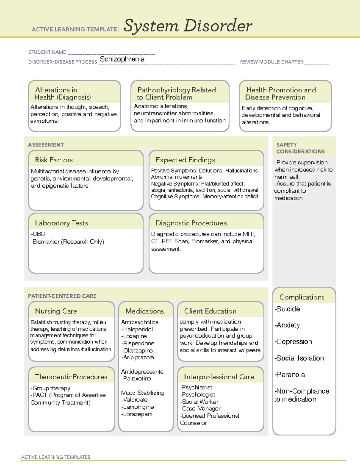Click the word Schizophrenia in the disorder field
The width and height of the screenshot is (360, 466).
tap(122, 59)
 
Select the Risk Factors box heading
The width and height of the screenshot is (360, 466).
tap(54, 160)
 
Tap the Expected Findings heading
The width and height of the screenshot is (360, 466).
tap(185, 160)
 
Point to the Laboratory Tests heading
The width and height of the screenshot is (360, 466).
tap(61, 223)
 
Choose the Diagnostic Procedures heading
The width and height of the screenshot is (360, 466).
tap(191, 223)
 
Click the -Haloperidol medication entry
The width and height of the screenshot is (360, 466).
tap(137, 329)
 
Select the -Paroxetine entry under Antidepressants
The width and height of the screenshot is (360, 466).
tap(136, 379)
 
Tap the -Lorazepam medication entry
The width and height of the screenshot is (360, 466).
tap(136, 414)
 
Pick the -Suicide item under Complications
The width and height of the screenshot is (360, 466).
tap(287, 309)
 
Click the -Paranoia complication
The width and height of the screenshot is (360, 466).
tap(289, 375)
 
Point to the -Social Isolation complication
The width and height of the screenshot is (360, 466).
tap(299, 358)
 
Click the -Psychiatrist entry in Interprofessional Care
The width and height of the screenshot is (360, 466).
tap(196, 387)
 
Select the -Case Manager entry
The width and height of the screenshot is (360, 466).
tap(200, 409)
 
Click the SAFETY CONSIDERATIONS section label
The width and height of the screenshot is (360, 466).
tap(300, 148)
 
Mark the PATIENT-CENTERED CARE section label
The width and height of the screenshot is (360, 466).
tap(62, 296)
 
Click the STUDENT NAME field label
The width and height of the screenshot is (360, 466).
tap(47, 52)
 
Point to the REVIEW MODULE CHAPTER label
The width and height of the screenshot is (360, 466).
tap(271, 62)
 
